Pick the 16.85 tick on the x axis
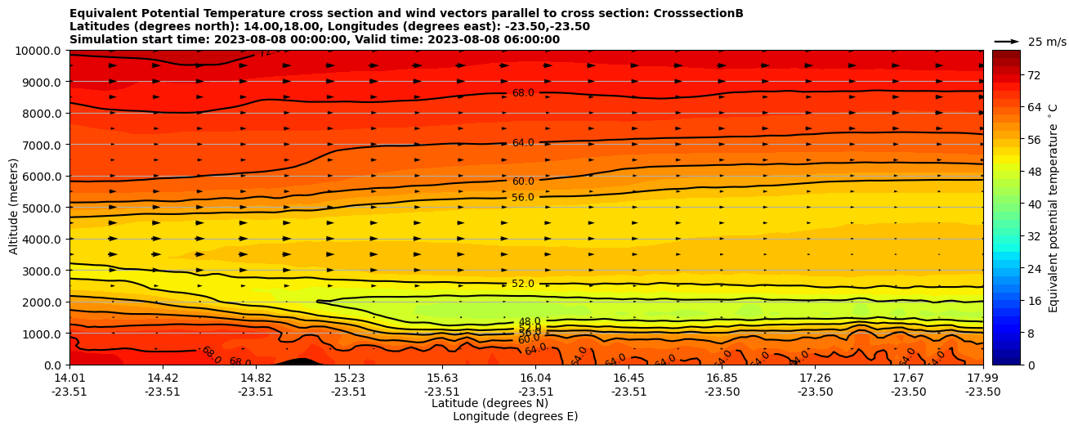[722, 378]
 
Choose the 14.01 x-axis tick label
[69, 378]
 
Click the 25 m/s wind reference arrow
[1007, 42]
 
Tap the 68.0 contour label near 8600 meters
[523, 93]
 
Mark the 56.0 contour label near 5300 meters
[523, 198]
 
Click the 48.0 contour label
[530, 322]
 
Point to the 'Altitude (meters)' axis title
[15, 208]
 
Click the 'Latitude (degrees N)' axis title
[490, 403]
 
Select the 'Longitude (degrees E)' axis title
[515, 416]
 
